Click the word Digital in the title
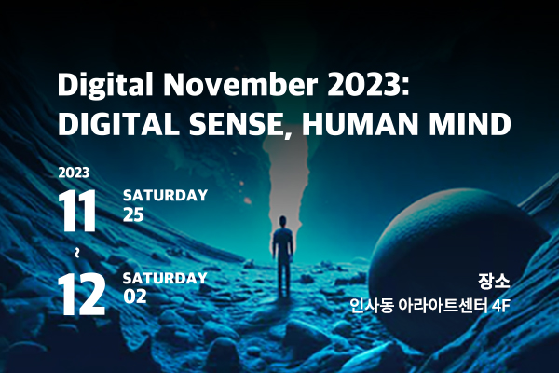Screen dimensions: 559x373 pos(105,86)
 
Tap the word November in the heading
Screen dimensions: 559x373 pos(240,84)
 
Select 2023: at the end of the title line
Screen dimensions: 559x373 pos(368,84)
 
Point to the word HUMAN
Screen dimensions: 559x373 pos(360,123)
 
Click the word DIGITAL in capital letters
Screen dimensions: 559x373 pos(118,123)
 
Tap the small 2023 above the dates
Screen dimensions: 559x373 pos(74,173)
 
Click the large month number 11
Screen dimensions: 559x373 pos(77,211)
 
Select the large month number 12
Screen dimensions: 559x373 pos(82,294)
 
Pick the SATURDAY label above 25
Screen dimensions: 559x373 pos(165,195)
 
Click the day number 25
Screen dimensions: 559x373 pos(133,214)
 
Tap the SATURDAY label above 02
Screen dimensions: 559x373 pos(165,278)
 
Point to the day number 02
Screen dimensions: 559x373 pos(135,297)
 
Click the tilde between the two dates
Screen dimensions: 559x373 pos(77,253)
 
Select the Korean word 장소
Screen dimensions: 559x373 pos(494,282)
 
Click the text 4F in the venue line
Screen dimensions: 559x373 pos(501,306)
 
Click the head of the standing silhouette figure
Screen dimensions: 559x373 pos(282,222)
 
